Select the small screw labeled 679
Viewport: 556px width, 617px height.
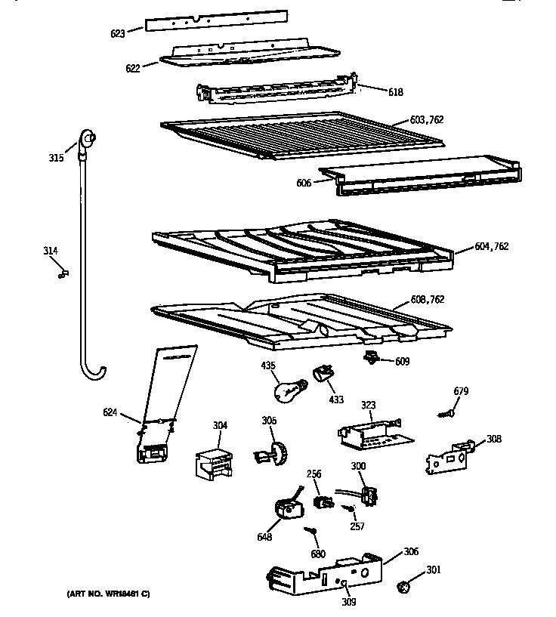[446, 413]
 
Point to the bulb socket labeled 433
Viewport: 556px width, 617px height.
[323, 375]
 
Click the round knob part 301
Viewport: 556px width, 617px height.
[406, 585]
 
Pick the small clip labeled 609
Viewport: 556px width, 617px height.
[372, 357]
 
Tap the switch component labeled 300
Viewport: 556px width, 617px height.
[369, 495]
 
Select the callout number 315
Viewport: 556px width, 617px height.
[56, 158]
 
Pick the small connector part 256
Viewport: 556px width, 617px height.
[322, 501]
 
